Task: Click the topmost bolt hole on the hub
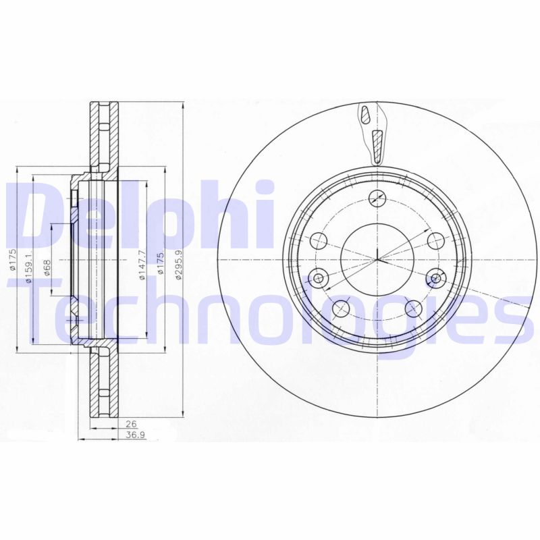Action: coord(378,198)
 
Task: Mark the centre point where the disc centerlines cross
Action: coord(377,260)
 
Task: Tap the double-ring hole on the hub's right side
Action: coord(436,277)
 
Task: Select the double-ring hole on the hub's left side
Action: coord(319,277)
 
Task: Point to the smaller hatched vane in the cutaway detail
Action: coord(366,115)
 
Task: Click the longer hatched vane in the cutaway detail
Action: coord(377,144)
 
